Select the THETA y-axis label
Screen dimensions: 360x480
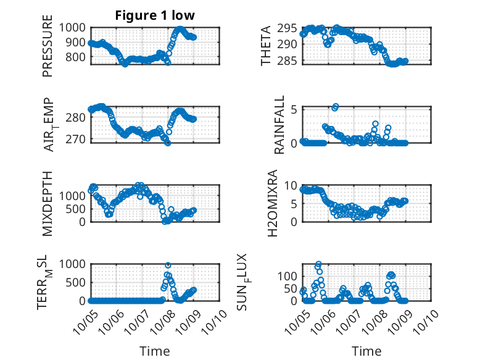pyautogui.click(x=266, y=45)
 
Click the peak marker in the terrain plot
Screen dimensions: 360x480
pyautogui.click(x=168, y=265)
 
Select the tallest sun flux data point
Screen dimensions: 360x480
pyautogui.click(x=318, y=264)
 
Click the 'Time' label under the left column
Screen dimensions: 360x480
pyautogui.click(x=154, y=351)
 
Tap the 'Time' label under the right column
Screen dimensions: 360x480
pyautogui.click(x=366, y=351)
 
